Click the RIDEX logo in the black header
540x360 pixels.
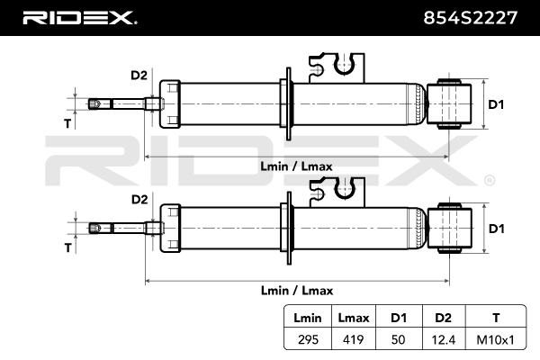pos(79,18)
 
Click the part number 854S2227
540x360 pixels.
pos(470,18)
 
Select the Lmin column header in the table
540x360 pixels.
pos(308,318)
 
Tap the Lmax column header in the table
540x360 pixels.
pos(354,318)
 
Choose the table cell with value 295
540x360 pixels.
pos(308,339)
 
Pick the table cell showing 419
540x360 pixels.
pos(354,339)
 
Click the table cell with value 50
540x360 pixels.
pos(399,339)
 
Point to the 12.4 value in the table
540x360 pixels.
pos(444,340)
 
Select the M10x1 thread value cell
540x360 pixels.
pos(496,340)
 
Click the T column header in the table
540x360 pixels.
pos(496,318)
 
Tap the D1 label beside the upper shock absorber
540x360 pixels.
pos(496,104)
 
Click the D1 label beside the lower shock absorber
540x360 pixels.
pos(497,229)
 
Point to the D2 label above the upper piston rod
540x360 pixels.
pos(139,75)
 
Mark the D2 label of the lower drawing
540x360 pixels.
pos(139,199)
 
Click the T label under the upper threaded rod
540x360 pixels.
pos(67,123)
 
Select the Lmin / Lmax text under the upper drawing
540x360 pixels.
pos(296,166)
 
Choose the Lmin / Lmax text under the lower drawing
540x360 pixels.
pos(297,291)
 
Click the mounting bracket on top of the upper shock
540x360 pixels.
pos(337,67)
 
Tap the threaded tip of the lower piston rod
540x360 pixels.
pos(95,228)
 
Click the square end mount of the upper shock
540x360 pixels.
pos(449,103)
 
